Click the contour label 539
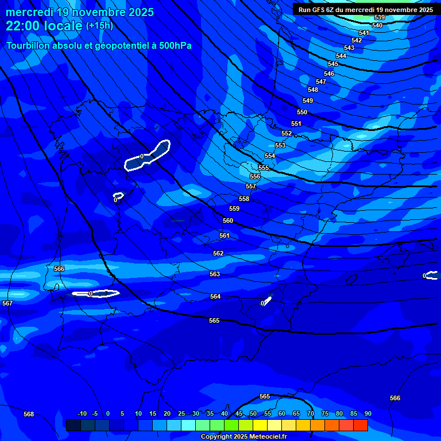[x=380, y=18]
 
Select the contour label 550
[x=302, y=112]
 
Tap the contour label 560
[x=228, y=220]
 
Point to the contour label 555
[x=264, y=168]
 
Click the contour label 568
[x=29, y=414]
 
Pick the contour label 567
[x=7, y=303]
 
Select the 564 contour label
[x=215, y=296]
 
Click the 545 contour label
[x=333, y=64]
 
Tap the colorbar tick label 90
[x=367, y=413]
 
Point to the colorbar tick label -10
[x=82, y=413]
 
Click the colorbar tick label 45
[x=239, y=413]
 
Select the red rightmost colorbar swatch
[x=361, y=425]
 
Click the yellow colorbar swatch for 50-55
[x=260, y=425]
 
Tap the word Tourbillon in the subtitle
[x=29, y=45]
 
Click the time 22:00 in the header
[x=24, y=26]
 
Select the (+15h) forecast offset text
[x=99, y=25]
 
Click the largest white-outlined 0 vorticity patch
[x=148, y=155]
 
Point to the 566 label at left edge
[x=59, y=269]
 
